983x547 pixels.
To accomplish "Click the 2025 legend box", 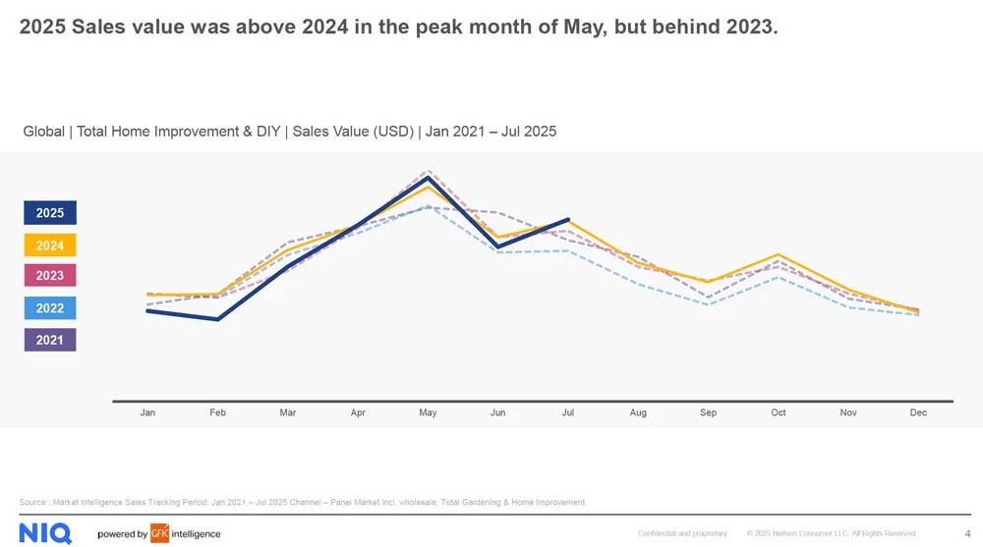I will pyautogui.click(x=50, y=213).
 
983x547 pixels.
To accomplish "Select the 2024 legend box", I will pyautogui.click(x=50, y=246).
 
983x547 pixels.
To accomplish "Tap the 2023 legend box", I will pyautogui.click(x=50, y=276).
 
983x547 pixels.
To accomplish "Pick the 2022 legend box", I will pyautogui.click(x=50, y=308).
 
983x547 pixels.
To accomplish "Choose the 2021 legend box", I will pyautogui.click(x=50, y=340).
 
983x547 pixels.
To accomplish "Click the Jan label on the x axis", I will pyautogui.click(x=147, y=413).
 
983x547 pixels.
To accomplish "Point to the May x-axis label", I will pyautogui.click(x=428, y=413).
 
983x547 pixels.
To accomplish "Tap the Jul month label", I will pyautogui.click(x=568, y=413).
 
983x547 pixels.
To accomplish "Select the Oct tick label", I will pyautogui.click(x=779, y=413).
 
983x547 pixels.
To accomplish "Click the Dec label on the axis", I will pyautogui.click(x=918, y=413).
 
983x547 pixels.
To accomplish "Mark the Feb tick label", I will pyautogui.click(x=217, y=413).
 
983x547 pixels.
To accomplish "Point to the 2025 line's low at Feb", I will pyautogui.click(x=217, y=319).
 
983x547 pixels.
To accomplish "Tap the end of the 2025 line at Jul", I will pyautogui.click(x=568, y=219).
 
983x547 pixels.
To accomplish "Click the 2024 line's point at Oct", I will pyautogui.click(x=779, y=255).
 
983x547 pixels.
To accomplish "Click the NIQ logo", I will pyautogui.click(x=45, y=533).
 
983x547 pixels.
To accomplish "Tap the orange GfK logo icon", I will pyautogui.click(x=160, y=533).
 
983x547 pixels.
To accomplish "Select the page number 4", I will pyautogui.click(x=967, y=533).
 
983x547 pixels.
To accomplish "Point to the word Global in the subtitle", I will pyautogui.click(x=43, y=132).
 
